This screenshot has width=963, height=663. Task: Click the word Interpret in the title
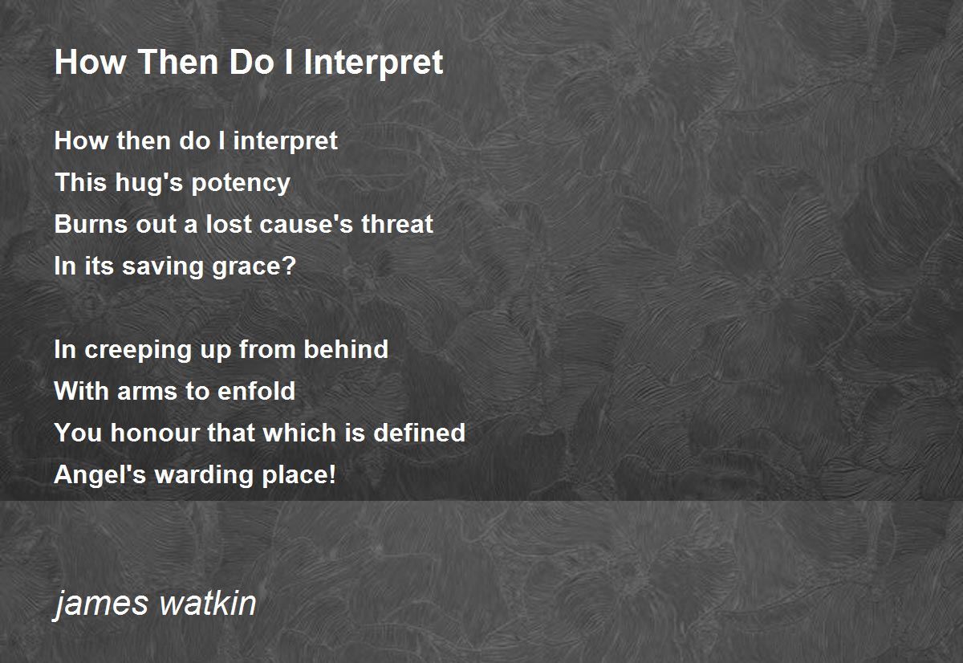tap(373, 63)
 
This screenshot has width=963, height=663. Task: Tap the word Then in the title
tap(178, 62)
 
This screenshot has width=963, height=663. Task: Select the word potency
tap(241, 184)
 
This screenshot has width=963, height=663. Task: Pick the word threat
tap(396, 224)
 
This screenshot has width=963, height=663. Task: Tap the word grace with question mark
tap(254, 267)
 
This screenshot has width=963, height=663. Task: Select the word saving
tap(162, 267)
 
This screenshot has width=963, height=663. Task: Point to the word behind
tap(346, 348)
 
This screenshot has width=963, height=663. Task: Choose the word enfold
tap(256, 390)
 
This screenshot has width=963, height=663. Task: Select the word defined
tap(419, 432)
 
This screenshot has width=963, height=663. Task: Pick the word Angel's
tap(100, 475)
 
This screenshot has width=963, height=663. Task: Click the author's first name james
tap(101, 604)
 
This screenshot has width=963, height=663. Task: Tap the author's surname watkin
tap(208, 603)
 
